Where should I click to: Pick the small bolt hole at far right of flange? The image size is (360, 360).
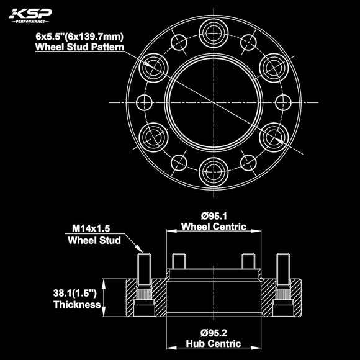pos(282,101)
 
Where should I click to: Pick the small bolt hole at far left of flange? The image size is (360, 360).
pos(143,101)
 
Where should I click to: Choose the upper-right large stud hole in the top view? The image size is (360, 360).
pos(272,66)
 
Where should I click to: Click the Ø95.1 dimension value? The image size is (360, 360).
pos(213,215)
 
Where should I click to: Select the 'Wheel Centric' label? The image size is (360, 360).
pos(213,227)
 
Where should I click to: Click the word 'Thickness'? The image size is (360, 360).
pos(77,305)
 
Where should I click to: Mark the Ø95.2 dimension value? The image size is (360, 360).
pos(213,331)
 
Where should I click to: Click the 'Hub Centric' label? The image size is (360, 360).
pos(213,343)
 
